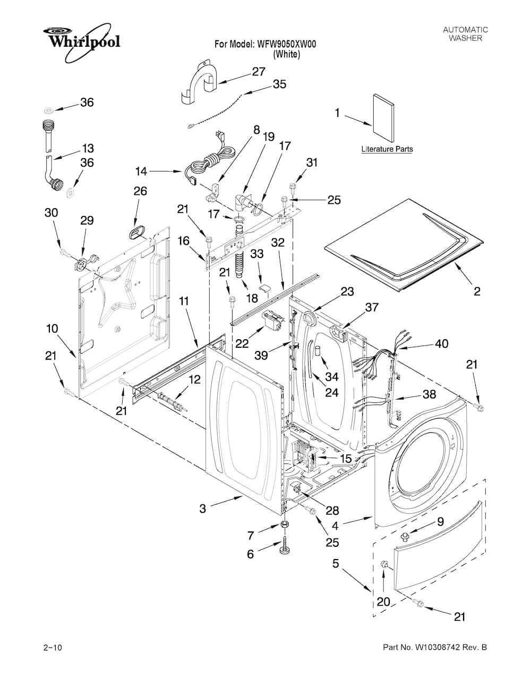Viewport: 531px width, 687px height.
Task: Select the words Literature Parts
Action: [387, 150]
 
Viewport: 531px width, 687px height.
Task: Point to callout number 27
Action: [259, 72]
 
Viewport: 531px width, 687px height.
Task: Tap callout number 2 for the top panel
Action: [477, 290]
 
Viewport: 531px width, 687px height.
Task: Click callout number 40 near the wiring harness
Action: [441, 343]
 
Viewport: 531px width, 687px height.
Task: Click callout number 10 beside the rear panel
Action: [52, 329]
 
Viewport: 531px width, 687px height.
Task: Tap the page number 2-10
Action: [53, 648]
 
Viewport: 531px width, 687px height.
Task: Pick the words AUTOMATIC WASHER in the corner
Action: [465, 34]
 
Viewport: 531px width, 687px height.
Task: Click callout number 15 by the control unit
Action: [345, 458]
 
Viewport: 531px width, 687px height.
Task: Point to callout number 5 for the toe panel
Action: [336, 563]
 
